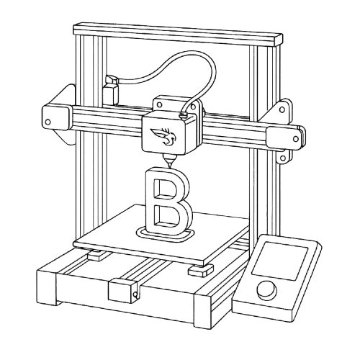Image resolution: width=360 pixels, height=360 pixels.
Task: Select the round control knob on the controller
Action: click(x=268, y=290)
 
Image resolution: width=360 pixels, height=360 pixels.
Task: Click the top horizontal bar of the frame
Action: click(x=176, y=32)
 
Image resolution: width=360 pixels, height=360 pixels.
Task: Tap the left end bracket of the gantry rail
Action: click(x=55, y=117)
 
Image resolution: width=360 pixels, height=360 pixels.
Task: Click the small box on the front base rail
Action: click(x=122, y=291)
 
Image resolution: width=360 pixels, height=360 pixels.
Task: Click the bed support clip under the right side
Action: click(x=198, y=270)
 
